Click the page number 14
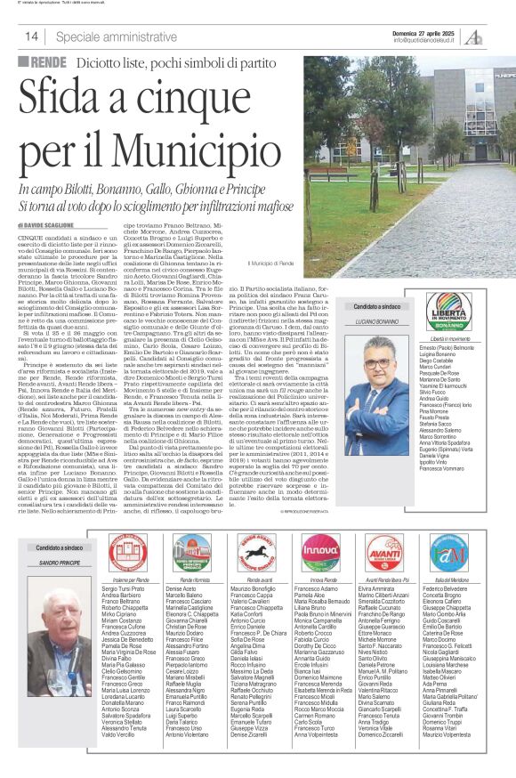coord(31,36)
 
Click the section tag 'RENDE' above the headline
coord(42,62)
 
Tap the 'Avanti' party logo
coord(383,552)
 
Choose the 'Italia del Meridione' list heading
coord(447,579)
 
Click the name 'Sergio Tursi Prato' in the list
coord(124,589)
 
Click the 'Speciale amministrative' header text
coord(101,36)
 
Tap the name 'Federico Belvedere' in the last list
coord(447,589)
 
